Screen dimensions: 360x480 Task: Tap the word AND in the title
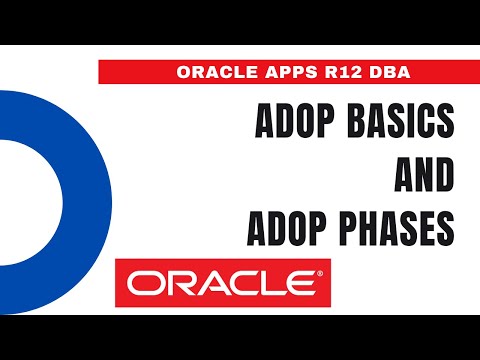pos(424,179)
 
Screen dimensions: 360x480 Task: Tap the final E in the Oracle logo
pos(302,284)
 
